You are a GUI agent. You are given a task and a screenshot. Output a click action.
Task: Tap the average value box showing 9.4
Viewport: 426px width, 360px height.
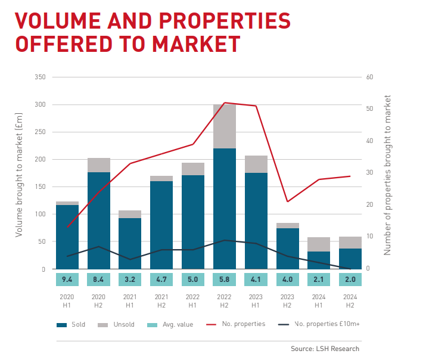(67, 279)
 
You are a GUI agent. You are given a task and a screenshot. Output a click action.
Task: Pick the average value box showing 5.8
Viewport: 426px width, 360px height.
(225, 279)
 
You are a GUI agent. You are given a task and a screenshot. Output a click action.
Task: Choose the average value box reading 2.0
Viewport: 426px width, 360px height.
(350, 279)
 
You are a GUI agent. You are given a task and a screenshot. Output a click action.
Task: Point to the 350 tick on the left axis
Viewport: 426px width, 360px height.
(41, 77)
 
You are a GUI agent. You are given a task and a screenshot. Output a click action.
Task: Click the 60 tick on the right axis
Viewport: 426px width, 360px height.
(369, 77)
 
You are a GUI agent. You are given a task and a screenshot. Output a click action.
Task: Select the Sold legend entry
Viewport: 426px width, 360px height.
(71, 324)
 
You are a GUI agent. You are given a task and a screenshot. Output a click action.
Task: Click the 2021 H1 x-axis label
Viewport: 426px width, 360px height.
(130, 299)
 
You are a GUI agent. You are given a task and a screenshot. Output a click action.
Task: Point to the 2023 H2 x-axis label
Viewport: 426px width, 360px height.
(287, 299)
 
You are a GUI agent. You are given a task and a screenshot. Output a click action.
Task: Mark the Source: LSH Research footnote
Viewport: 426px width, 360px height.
(325, 349)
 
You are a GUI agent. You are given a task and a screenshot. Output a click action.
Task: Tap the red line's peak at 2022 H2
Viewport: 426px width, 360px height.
(225, 103)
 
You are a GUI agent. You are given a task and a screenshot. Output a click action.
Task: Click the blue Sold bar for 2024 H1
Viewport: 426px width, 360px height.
(319, 260)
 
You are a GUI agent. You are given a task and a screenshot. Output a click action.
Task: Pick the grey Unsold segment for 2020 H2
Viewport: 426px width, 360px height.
(99, 165)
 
